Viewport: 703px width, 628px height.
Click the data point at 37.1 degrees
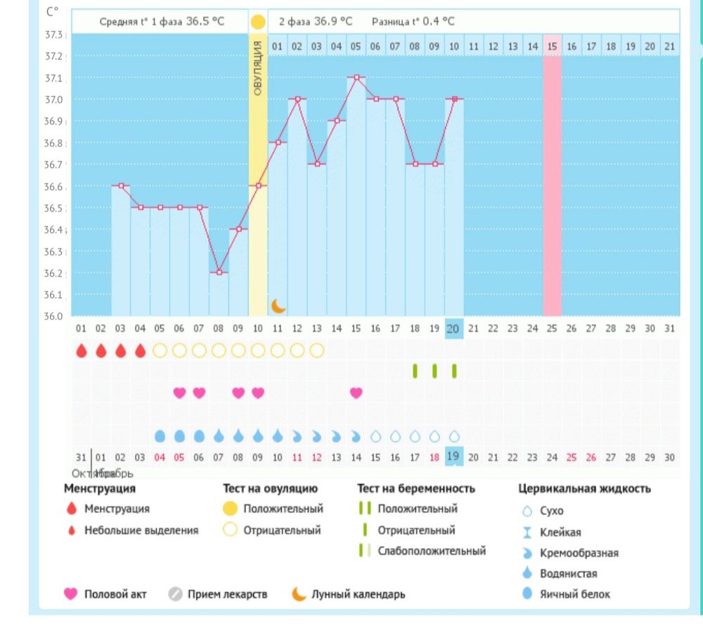click(356, 77)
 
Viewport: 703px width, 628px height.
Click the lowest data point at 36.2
click(219, 272)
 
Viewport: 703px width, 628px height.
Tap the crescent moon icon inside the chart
click(278, 306)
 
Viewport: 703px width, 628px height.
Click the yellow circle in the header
click(258, 21)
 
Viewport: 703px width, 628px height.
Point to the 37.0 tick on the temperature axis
click(54, 100)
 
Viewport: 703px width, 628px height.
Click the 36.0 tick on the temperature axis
click(54, 316)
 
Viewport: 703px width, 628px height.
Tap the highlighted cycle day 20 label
click(453, 328)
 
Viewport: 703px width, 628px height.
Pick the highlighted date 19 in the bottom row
click(453, 457)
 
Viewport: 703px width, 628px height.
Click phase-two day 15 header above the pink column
click(552, 46)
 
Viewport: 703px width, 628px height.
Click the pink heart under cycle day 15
click(356, 393)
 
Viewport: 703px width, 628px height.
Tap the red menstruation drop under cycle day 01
click(81, 350)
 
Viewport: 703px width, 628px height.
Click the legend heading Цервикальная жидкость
click(584, 488)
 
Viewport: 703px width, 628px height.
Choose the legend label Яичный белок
click(575, 594)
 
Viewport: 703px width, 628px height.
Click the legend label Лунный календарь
click(359, 594)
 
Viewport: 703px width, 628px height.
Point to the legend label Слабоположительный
click(432, 551)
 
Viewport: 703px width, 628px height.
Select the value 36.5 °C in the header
click(205, 21)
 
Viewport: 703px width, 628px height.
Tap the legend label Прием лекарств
click(228, 594)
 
